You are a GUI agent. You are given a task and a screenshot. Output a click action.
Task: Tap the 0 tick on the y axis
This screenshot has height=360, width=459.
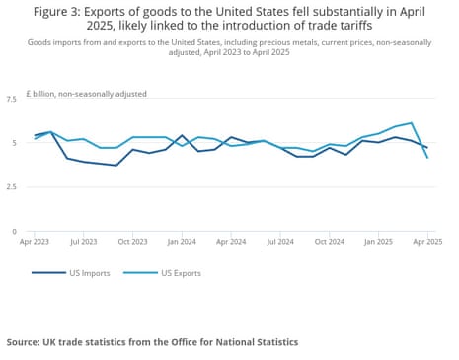coord(14,232)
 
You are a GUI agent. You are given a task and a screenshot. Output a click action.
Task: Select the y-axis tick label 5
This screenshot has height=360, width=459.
coord(14,144)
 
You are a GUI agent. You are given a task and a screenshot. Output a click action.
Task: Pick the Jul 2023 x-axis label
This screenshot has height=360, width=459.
coord(84,240)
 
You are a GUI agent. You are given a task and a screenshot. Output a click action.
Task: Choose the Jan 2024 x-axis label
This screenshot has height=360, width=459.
coord(182,240)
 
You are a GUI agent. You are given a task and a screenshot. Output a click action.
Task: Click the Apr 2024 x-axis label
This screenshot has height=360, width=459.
coord(231,240)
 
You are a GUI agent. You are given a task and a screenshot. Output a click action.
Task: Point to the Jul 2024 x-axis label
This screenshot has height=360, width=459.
coord(279,240)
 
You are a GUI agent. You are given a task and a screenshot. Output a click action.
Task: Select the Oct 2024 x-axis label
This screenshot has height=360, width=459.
coord(330,240)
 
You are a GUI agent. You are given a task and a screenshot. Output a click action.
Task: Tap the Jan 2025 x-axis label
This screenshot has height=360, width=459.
coord(378,240)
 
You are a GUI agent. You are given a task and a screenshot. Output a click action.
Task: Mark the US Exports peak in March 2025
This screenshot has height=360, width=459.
coord(411,123)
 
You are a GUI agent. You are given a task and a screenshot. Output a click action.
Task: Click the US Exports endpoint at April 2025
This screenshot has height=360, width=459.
coord(426,158)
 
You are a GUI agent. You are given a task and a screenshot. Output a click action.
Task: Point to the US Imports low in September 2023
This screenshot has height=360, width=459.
coord(116,166)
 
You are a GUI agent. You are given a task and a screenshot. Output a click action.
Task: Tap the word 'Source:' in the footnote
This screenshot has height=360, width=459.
coord(27,342)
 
